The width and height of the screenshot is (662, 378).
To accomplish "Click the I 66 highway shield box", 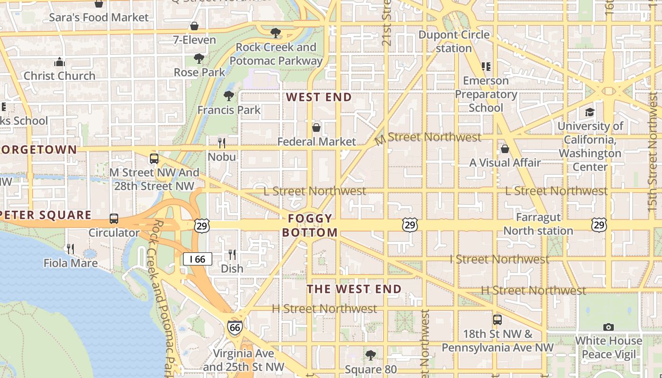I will (x=198, y=259).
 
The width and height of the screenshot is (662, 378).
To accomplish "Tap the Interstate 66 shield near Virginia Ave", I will (x=235, y=327).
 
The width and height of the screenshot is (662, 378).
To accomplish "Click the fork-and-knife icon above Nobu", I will (x=221, y=143).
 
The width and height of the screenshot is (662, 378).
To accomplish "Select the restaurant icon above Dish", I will (x=232, y=255).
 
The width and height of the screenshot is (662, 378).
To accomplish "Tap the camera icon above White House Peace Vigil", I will (x=609, y=327).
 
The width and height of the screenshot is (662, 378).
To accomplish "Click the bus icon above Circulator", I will (x=114, y=219).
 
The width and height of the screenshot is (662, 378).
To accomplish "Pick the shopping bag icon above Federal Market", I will (x=316, y=128).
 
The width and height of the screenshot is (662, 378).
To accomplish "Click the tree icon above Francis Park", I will (x=229, y=96).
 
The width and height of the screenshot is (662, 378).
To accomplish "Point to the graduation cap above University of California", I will (x=590, y=112).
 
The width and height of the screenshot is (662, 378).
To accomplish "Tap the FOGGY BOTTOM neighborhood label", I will (x=310, y=225).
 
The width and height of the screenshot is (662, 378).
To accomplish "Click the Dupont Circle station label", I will (x=454, y=42).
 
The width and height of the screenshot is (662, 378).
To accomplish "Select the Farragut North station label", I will (x=538, y=224).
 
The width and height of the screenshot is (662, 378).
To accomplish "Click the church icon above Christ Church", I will (x=60, y=62).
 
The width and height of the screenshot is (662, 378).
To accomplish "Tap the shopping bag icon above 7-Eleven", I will (x=194, y=26).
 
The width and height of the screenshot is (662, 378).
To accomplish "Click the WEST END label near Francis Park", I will (x=319, y=97).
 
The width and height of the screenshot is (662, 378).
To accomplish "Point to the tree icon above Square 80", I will (x=371, y=355).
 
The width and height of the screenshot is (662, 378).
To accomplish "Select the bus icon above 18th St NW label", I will (x=497, y=320).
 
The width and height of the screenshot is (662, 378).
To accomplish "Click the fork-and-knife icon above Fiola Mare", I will (x=70, y=249).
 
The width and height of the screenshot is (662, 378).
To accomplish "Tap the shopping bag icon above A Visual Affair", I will (x=505, y=149).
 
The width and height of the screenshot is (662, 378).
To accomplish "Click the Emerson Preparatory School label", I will (x=486, y=94).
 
